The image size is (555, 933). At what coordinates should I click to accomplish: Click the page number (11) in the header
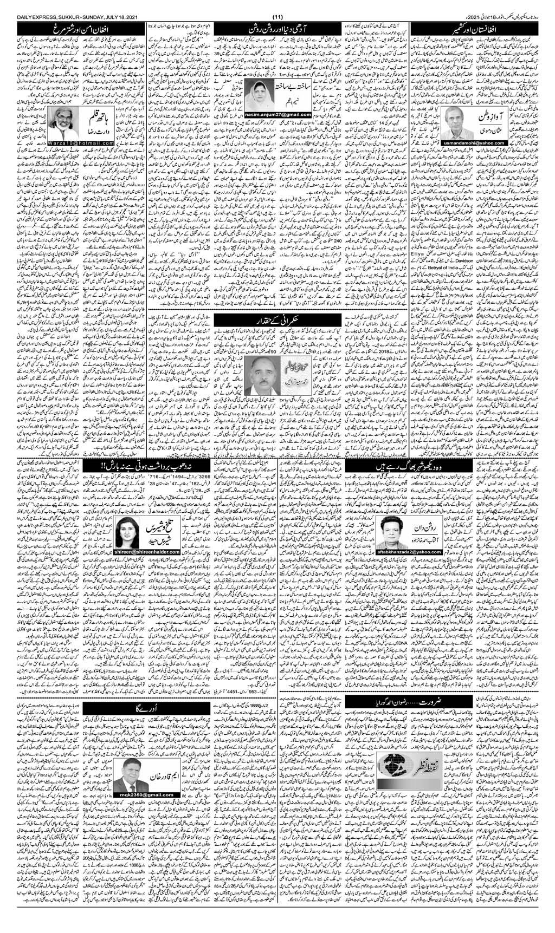pyautogui.click(x=277, y=5)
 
